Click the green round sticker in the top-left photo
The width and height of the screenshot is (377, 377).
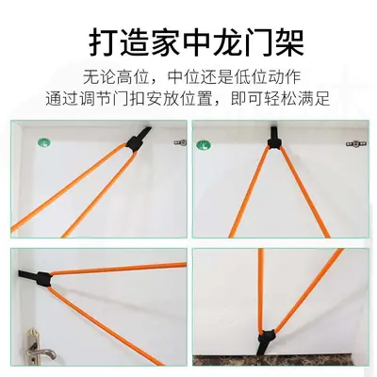tap(43, 143)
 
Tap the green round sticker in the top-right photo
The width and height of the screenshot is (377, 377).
tap(204, 145)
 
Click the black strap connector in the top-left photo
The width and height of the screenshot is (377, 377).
tap(135, 143)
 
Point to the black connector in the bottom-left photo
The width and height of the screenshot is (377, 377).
tap(42, 279)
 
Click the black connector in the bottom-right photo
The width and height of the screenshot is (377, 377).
tap(267, 337)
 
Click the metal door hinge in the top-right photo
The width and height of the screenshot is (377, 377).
tap(356, 144)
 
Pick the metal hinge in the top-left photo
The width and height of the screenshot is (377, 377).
tap(180, 142)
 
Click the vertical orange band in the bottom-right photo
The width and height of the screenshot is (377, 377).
tap(261, 290)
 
